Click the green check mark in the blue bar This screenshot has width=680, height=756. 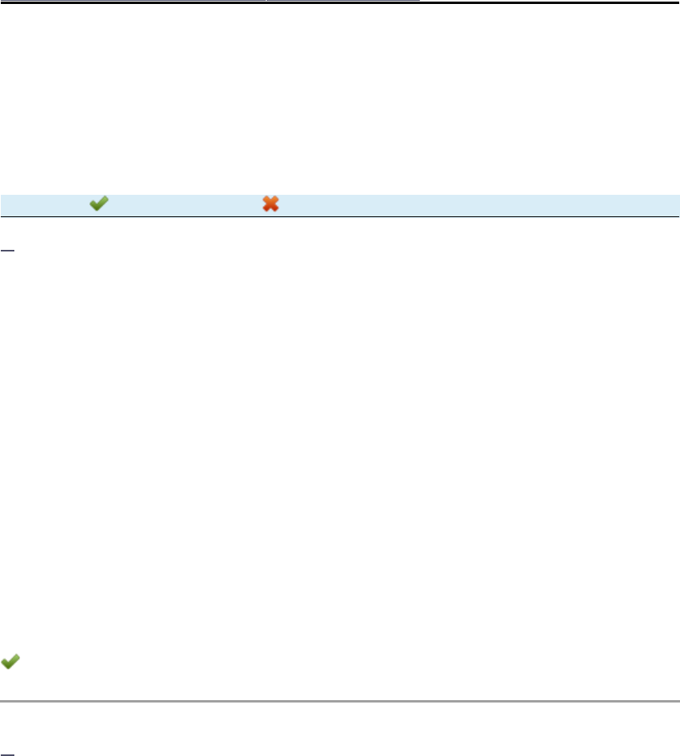pyautogui.click(x=99, y=204)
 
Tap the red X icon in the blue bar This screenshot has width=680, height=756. pyautogui.click(x=271, y=204)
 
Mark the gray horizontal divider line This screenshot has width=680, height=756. pyautogui.click(x=340, y=702)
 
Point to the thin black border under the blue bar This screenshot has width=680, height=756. pyautogui.click(x=340, y=216)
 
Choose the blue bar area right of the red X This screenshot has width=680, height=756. pyautogui.click(x=479, y=204)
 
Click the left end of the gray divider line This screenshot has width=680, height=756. pyautogui.click(x=2, y=702)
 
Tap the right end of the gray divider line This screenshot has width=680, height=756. pyautogui.click(x=677, y=702)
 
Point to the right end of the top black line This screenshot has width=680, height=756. pyautogui.click(x=677, y=2)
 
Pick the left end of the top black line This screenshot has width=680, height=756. pyautogui.click(x=2, y=2)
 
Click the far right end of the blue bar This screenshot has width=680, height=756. pyautogui.click(x=676, y=204)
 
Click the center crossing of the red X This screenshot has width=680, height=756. pyautogui.click(x=271, y=204)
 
